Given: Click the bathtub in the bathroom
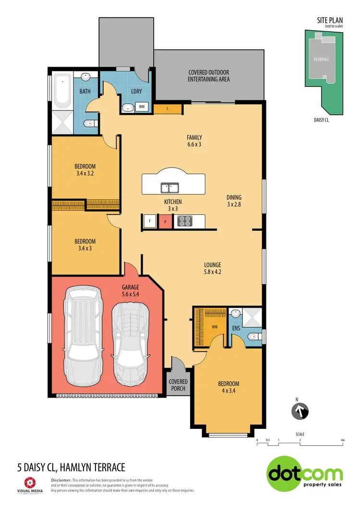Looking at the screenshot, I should [62, 91].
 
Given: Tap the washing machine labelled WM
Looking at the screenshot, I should [143, 107].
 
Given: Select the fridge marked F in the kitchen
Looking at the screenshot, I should [150, 221].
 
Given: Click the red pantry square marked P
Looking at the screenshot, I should [166, 221].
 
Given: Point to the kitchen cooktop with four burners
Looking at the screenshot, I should [184, 221].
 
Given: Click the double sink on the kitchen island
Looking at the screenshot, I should [169, 187].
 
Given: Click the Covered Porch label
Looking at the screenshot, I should [178, 385].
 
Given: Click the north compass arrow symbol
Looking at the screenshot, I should [300, 411].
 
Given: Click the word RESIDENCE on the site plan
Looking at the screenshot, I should [321, 60].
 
